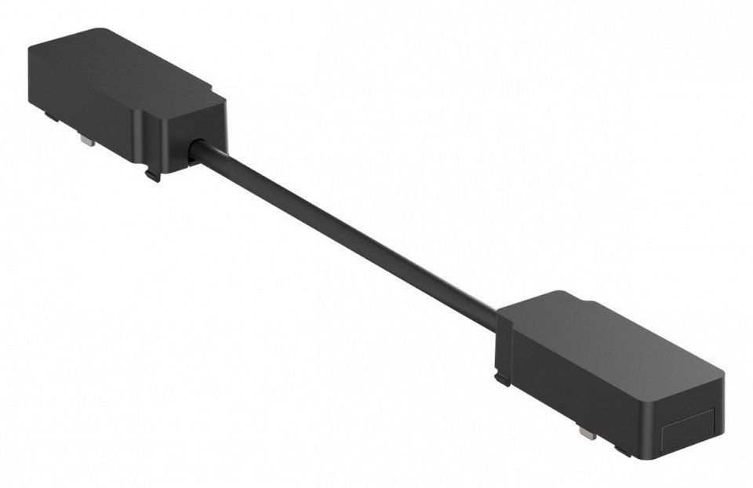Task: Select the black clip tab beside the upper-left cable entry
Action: (x=152, y=173)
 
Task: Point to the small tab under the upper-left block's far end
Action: (x=52, y=117)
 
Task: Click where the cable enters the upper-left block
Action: (x=196, y=148)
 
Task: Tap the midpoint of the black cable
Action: (x=345, y=231)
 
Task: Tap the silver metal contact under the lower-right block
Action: (x=587, y=431)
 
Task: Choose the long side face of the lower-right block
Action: (x=580, y=392)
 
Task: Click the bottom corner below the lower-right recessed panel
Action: (x=659, y=460)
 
